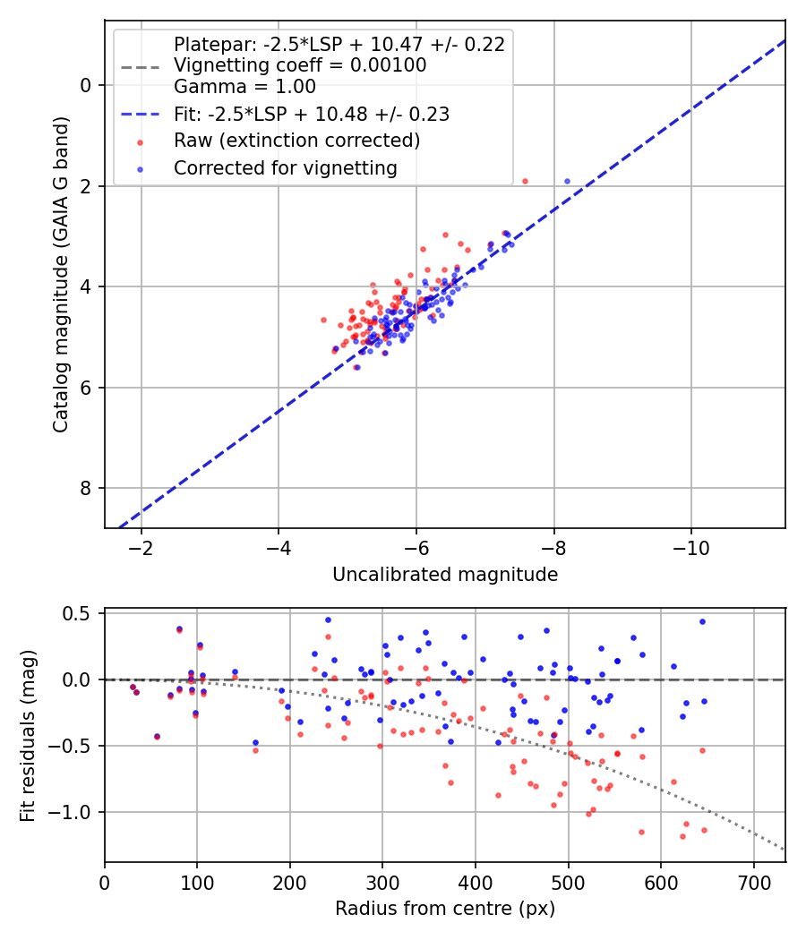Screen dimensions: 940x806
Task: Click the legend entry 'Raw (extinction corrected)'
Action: [296, 141]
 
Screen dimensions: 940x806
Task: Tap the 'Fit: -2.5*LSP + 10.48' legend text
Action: [311, 114]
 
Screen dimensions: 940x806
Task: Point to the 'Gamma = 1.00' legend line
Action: [244, 87]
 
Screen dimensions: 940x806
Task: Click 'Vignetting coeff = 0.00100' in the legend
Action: [300, 65]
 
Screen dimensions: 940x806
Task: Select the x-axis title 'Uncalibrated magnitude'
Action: [445, 575]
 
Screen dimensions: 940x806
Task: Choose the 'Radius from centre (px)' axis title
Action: [445, 909]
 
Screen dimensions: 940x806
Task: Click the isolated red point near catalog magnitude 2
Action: [525, 181]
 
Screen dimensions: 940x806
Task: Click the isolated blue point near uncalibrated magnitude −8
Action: [567, 181]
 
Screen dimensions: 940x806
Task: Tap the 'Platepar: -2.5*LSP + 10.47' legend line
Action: [339, 44]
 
